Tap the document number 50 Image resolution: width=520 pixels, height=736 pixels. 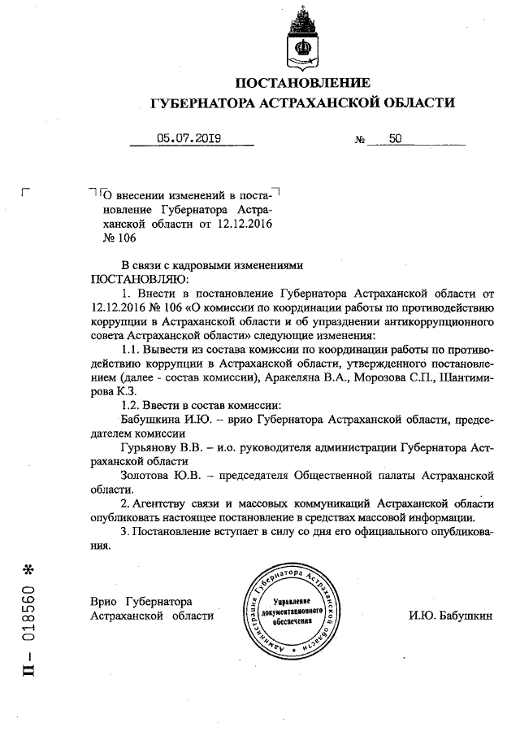tap(396, 138)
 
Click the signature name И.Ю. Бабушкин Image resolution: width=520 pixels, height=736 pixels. tap(450, 615)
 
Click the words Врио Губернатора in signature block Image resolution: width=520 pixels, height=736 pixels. tap(140, 601)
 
